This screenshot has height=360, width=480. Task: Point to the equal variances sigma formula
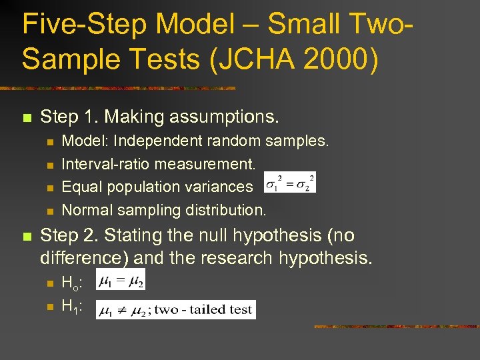(290, 182)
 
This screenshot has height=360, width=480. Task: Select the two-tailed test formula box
(175, 309)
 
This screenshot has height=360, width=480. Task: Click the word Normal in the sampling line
(87, 210)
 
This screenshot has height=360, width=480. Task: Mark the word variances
(222, 187)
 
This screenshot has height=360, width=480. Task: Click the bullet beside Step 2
(26, 237)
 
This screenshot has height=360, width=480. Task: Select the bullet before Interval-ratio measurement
(49, 165)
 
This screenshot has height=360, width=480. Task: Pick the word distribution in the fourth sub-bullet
(227, 210)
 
